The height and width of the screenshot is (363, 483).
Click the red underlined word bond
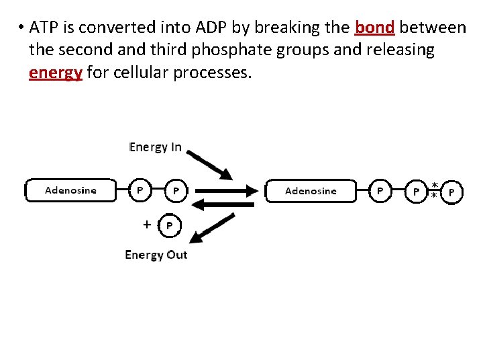tap(374, 28)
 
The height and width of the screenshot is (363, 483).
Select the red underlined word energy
tap(55, 72)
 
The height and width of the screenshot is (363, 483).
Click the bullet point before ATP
tap(21, 28)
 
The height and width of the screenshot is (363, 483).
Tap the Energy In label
tap(155, 147)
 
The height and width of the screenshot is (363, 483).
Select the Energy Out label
tap(156, 255)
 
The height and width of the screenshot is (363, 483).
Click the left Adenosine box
tap(70, 190)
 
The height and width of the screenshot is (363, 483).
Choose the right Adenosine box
tap(311, 191)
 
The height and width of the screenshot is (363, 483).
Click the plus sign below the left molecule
tap(147, 225)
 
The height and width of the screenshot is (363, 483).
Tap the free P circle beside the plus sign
tap(169, 226)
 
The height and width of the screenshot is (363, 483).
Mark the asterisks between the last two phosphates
tap(434, 190)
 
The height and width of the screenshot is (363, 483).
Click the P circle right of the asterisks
tap(452, 192)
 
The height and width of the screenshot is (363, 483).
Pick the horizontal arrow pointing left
tap(222, 204)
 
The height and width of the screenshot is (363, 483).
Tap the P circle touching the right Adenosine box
tap(380, 191)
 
